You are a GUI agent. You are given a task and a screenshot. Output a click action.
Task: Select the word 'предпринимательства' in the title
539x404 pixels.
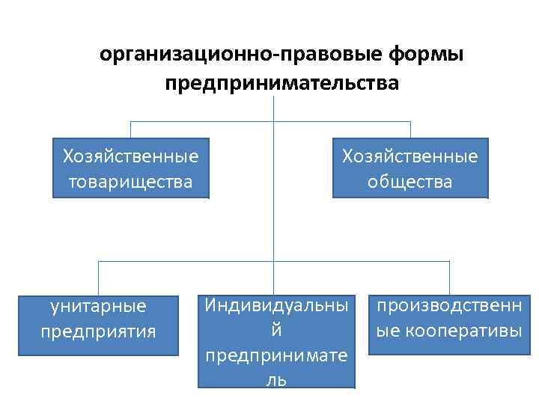pyautogui.click(x=282, y=82)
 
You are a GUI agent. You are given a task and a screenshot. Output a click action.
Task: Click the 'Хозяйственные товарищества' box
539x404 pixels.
pyautogui.click(x=131, y=168)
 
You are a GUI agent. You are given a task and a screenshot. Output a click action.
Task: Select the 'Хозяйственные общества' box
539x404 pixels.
pyautogui.click(x=410, y=168)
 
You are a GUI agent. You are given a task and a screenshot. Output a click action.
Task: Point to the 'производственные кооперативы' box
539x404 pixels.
pyautogui.click(x=449, y=318)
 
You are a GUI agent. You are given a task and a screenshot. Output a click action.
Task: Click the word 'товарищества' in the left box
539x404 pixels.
pyautogui.click(x=131, y=182)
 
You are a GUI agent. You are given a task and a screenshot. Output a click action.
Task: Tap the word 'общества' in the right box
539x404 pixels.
pyautogui.click(x=410, y=182)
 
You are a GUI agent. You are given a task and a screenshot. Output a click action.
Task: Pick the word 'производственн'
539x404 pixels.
pyautogui.click(x=449, y=305)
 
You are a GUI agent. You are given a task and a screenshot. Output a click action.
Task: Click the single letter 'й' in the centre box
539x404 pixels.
pyautogui.click(x=276, y=330)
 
